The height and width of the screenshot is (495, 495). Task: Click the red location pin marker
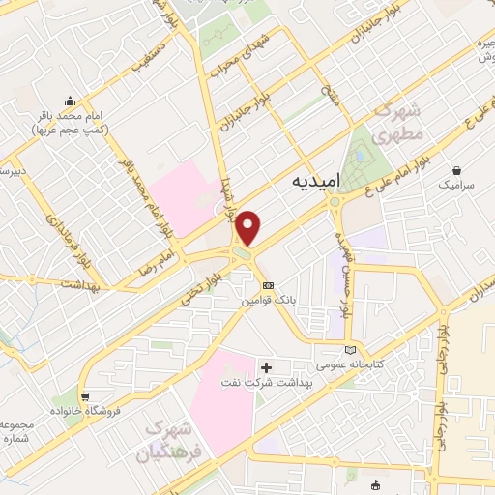click(249, 227)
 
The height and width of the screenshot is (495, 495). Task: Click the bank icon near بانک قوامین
click(269, 286)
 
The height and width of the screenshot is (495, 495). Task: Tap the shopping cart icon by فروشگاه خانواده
click(86, 395)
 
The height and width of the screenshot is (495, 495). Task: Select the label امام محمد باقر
click(73, 122)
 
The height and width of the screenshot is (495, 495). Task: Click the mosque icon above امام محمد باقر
click(69, 100)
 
